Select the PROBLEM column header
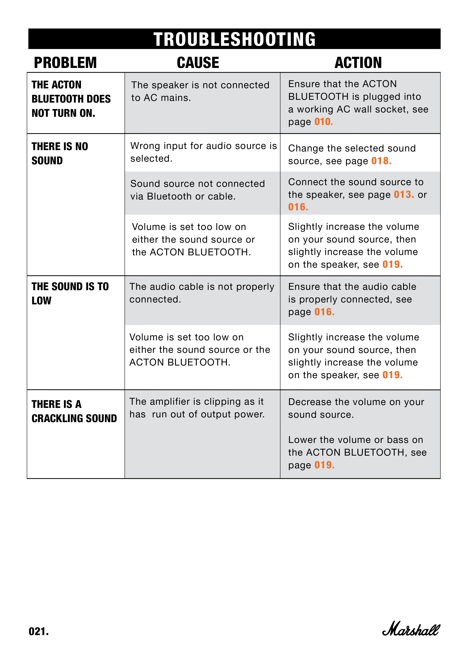(x=65, y=63)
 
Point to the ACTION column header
(x=358, y=63)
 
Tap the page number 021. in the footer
(x=39, y=631)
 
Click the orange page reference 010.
(x=323, y=122)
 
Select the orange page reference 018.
(x=381, y=161)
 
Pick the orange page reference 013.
(x=404, y=195)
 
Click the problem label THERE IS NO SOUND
(x=60, y=153)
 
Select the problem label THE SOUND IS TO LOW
(x=70, y=293)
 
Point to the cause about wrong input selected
(x=203, y=152)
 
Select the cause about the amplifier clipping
(x=197, y=408)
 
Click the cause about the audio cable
(x=202, y=293)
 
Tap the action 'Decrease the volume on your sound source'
(x=356, y=408)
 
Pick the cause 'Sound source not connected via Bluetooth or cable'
(x=198, y=190)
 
